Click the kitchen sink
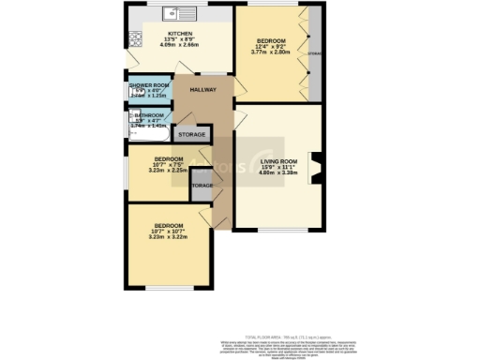point(176,14)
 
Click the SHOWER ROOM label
point(147,84)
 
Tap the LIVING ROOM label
point(277,161)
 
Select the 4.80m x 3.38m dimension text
point(277,173)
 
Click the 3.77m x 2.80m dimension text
point(273,52)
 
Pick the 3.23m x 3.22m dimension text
point(169,237)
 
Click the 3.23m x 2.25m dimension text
point(169,172)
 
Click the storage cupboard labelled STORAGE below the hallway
point(202,186)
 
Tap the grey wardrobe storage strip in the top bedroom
point(314,54)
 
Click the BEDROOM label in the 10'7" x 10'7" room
point(169,225)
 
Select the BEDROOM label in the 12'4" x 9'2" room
point(273,40)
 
